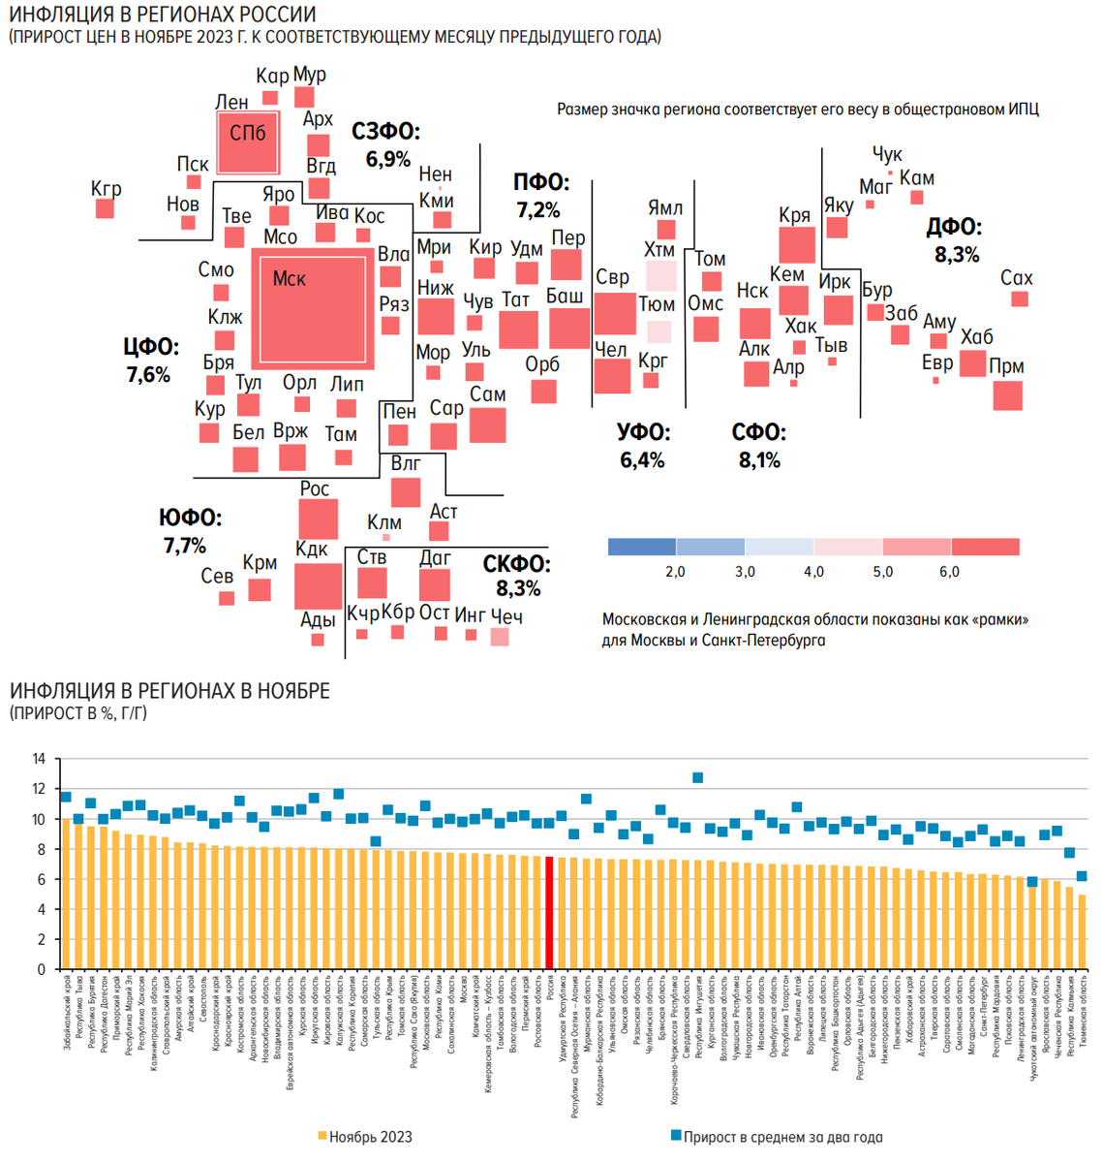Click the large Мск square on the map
pyautogui.click(x=312, y=309)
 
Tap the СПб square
pyautogui.click(x=248, y=142)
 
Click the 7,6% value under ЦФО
pyautogui.click(x=148, y=374)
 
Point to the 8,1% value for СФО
pyautogui.click(x=759, y=459)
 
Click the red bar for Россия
pyautogui.click(x=550, y=912)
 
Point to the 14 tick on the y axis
pyautogui.click(x=39, y=759)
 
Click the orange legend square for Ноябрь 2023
pyautogui.click(x=322, y=1136)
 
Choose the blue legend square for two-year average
pyautogui.click(x=676, y=1135)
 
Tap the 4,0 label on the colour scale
pyautogui.click(x=813, y=572)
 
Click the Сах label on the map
pyautogui.click(x=1016, y=278)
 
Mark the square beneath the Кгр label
pyautogui.click(x=105, y=208)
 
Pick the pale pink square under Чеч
pyautogui.click(x=500, y=637)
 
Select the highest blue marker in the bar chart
pyautogui.click(x=697, y=777)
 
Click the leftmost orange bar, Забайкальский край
pyautogui.click(x=66, y=894)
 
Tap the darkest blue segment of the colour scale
pyautogui.click(x=642, y=547)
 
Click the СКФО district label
pyautogui.click(x=516, y=564)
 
